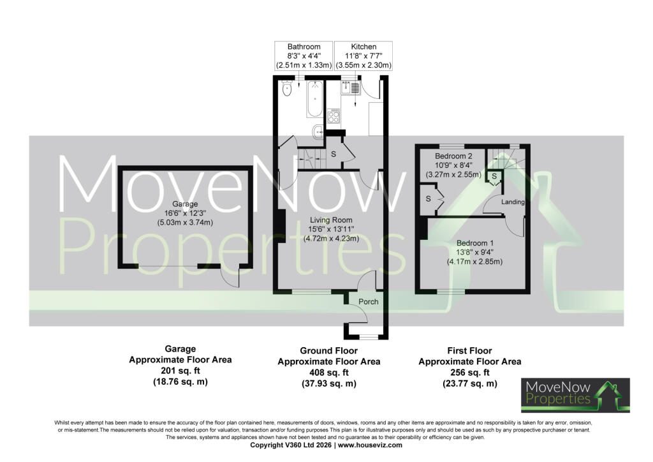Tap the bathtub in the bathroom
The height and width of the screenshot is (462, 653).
(314, 99)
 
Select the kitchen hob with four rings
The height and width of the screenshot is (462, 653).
(334, 115)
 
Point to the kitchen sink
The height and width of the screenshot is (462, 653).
(350, 87)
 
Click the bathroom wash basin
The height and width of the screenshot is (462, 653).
(318, 133)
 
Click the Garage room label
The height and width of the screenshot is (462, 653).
(186, 204)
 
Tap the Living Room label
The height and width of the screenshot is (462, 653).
(331, 220)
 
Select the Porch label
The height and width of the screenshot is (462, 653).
(369, 301)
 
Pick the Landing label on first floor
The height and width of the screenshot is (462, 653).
(513, 202)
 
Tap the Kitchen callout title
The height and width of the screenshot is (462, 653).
(363, 47)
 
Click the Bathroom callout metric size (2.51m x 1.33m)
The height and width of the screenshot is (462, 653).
(304, 65)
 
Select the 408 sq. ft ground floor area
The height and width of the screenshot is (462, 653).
(328, 373)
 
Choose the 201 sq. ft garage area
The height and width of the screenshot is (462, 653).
(180, 370)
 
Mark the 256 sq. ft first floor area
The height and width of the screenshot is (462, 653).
(470, 373)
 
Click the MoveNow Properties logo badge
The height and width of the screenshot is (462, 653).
(576, 395)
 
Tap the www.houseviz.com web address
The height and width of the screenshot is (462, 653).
(371, 445)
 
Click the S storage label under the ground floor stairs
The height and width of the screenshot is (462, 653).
(333, 154)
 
